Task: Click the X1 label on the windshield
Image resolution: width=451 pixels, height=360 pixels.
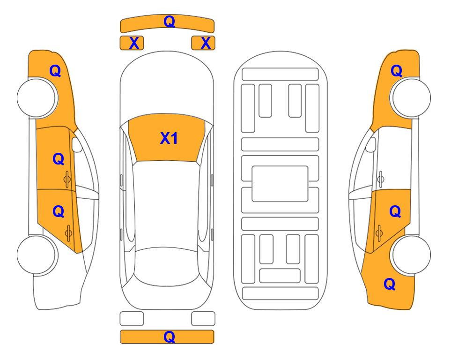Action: click(x=169, y=138)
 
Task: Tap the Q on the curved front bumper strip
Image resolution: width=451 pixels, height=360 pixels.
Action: click(x=170, y=22)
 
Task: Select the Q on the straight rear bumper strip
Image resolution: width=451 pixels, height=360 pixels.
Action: click(x=170, y=337)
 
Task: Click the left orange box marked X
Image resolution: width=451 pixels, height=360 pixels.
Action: click(x=132, y=43)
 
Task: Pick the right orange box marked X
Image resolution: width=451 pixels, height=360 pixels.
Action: click(x=203, y=43)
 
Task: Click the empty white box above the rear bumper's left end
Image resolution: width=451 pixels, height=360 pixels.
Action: click(x=132, y=319)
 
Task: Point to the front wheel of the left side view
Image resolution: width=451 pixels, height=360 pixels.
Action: click(x=37, y=97)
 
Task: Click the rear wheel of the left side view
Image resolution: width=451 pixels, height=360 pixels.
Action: click(x=37, y=255)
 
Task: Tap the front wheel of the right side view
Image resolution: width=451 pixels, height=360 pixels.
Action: click(x=410, y=97)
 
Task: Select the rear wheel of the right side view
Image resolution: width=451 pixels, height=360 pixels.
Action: click(x=410, y=255)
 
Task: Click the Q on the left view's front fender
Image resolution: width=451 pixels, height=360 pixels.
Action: click(x=55, y=71)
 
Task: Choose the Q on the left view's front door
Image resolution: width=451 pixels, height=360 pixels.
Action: click(x=59, y=159)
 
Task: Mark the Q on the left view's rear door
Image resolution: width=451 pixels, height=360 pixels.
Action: click(x=59, y=212)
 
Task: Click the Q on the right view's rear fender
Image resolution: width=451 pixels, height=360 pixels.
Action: click(x=390, y=284)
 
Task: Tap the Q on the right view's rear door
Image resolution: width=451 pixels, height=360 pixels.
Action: click(x=395, y=212)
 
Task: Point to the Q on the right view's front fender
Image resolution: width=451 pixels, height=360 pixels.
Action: click(x=396, y=71)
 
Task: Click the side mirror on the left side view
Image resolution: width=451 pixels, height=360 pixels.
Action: click(x=76, y=144)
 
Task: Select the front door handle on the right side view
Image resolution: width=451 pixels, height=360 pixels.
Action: click(x=381, y=179)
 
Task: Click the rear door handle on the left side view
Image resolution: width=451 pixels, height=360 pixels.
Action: click(x=68, y=233)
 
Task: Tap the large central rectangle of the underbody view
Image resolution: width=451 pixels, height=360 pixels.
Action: click(x=280, y=184)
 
